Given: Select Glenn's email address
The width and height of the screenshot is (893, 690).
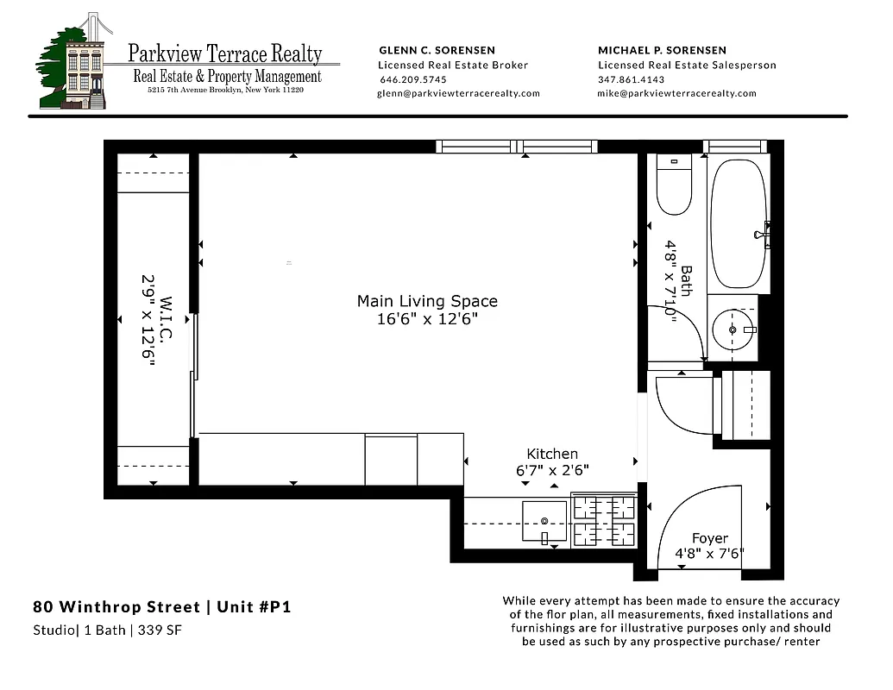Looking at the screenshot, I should pos(458,94).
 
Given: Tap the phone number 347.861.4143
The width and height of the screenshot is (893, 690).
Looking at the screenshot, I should pos(631,79).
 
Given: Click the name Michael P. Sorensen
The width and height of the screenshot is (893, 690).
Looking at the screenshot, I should pos(662,50).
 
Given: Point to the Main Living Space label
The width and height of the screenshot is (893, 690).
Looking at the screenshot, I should pos(427,302).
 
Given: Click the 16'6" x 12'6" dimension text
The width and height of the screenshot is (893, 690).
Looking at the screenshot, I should pos(427,319).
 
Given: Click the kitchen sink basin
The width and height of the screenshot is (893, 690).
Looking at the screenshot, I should pos(544,521).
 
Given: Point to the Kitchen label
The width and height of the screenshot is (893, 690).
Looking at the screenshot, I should pos(552,454).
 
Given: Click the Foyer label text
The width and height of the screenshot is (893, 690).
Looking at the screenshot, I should pos(709,538).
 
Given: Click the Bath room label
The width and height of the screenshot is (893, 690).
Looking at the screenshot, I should pos(687,280).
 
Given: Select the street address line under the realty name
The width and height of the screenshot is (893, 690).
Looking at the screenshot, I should pos(225,90).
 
